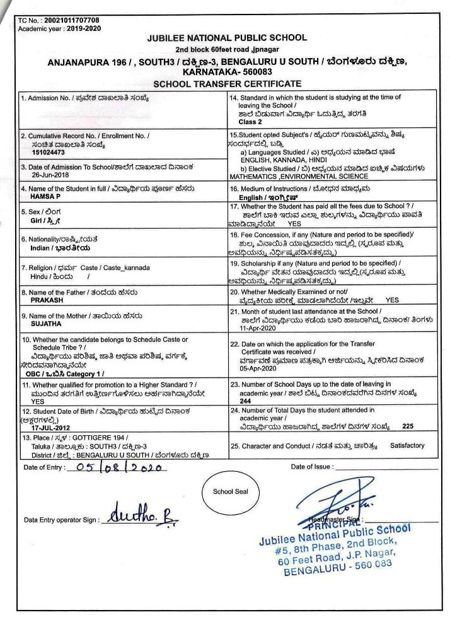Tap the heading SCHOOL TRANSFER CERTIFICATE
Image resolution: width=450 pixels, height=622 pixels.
(224, 84)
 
